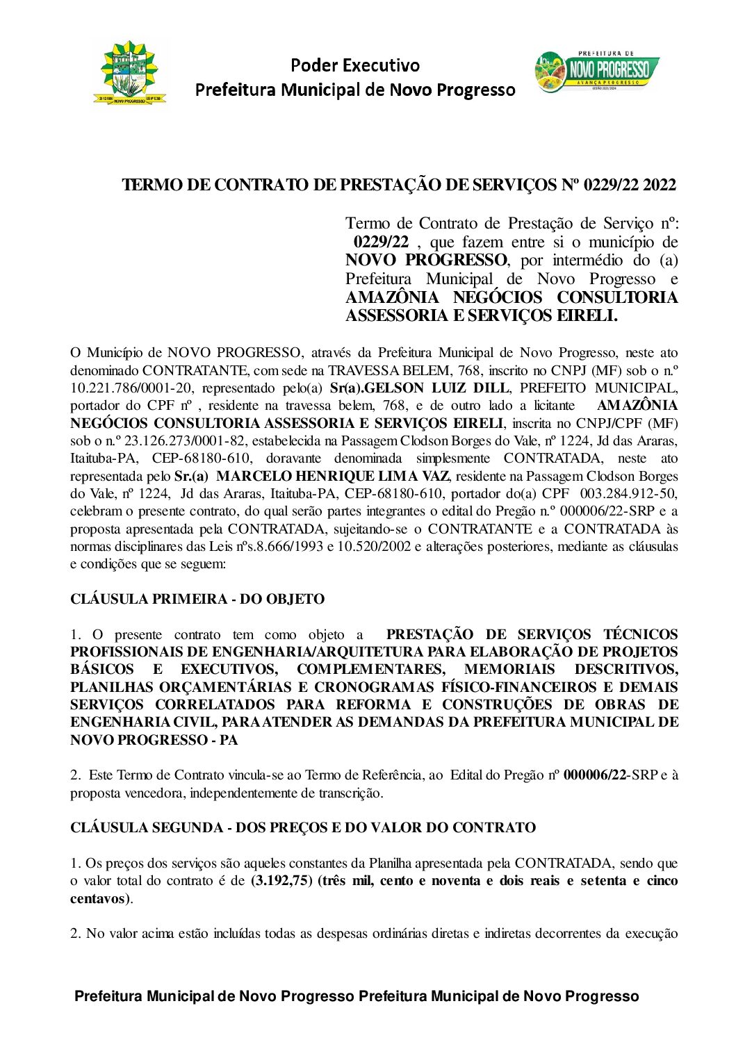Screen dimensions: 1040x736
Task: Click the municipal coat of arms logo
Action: pyautogui.click(x=131, y=72)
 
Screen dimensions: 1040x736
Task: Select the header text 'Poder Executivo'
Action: pyautogui.click(x=354, y=65)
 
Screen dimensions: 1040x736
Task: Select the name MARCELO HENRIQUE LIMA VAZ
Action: pyautogui.click(x=333, y=476)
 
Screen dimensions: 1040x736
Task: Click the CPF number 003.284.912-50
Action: pyautogui.click(x=628, y=493)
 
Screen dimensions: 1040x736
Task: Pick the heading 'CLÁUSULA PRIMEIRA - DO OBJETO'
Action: pyautogui.click(x=197, y=599)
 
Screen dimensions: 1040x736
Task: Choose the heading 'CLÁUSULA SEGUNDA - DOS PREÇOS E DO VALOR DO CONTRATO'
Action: pyautogui.click(x=303, y=827)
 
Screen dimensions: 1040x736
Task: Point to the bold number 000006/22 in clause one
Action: pyautogui.click(x=595, y=775)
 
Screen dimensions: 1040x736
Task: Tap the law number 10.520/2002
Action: pyautogui.click(x=374, y=546)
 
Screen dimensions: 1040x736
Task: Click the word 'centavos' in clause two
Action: pyautogui.click(x=97, y=898)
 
